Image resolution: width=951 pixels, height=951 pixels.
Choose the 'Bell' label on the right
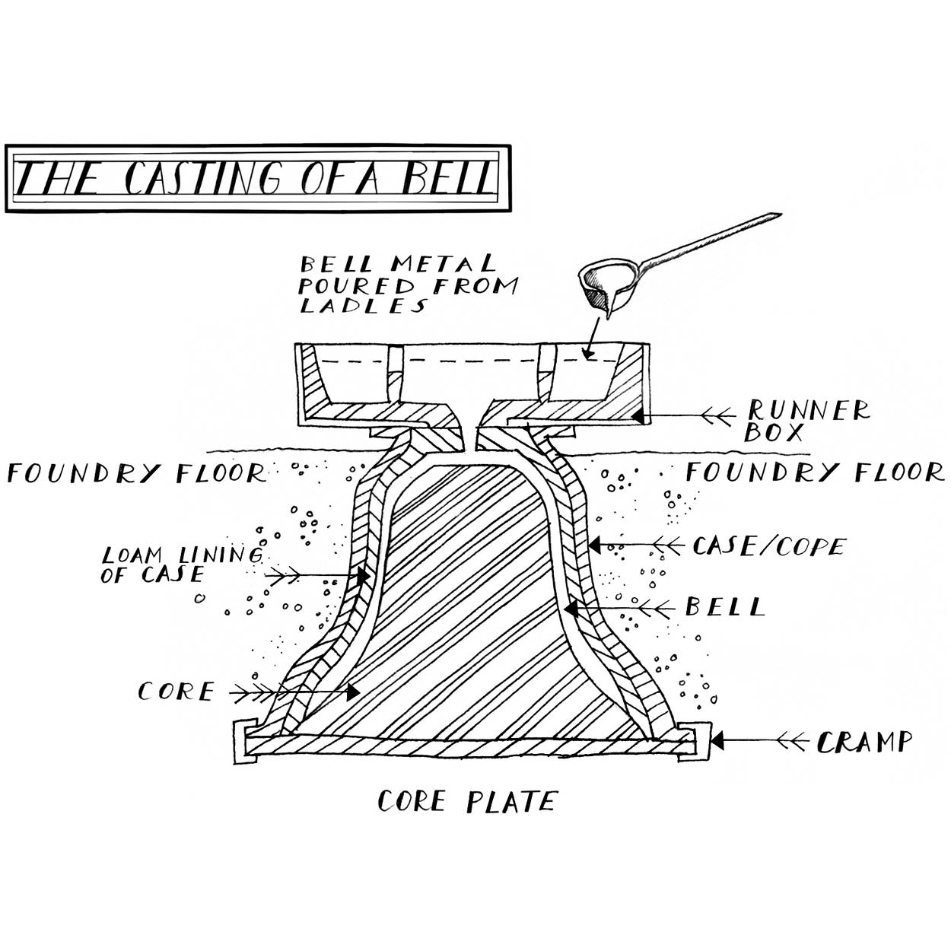(724, 607)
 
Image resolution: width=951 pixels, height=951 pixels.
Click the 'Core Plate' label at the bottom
(467, 801)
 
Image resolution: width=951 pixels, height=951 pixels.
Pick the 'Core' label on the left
(176, 692)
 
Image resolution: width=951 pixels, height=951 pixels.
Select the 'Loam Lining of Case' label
(183, 564)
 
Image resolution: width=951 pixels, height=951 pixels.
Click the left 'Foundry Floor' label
(137, 473)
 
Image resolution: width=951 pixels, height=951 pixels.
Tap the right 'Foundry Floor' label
(814, 472)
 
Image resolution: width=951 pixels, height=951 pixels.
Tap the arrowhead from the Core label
(352, 692)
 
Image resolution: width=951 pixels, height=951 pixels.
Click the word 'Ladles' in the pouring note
(362, 307)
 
